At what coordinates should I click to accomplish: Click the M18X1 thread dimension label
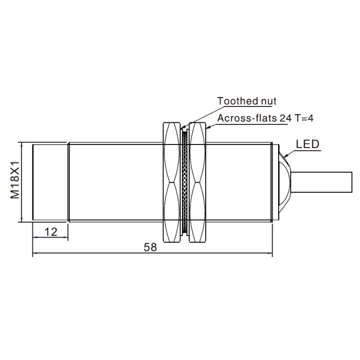click(x=15, y=180)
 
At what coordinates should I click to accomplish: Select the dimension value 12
click(x=51, y=232)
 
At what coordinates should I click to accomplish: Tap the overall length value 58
click(x=150, y=247)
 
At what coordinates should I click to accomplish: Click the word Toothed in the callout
click(x=235, y=101)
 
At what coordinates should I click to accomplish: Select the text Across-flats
click(x=247, y=118)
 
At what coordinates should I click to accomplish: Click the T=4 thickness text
click(x=304, y=118)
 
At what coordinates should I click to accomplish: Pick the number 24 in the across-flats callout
click(x=285, y=118)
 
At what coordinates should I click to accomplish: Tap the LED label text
click(x=308, y=144)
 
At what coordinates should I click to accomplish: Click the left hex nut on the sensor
click(x=171, y=182)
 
